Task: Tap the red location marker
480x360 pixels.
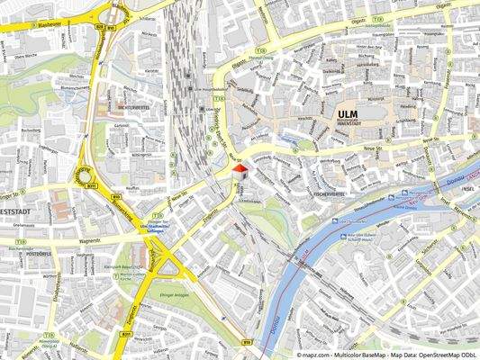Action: pos(239,169)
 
